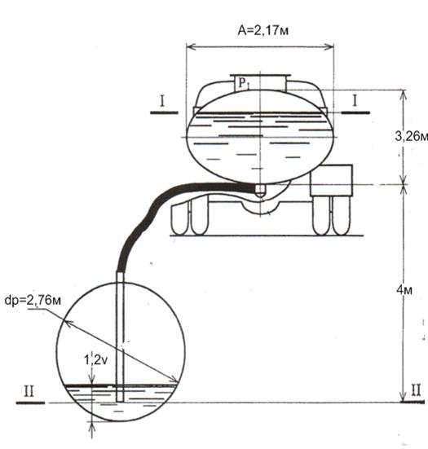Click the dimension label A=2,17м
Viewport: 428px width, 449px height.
point(263,30)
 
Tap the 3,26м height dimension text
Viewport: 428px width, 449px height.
point(412,137)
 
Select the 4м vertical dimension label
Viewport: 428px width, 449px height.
point(404,290)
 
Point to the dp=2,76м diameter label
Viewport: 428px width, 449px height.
point(33,301)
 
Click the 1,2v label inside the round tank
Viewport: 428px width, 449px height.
point(95,359)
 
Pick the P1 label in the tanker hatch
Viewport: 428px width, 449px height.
point(244,84)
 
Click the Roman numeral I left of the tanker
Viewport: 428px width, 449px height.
point(162,101)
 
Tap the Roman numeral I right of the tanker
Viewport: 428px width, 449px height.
point(355,101)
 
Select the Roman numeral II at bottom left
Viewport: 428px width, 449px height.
point(29,391)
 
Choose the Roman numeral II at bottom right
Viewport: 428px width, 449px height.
point(416,390)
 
